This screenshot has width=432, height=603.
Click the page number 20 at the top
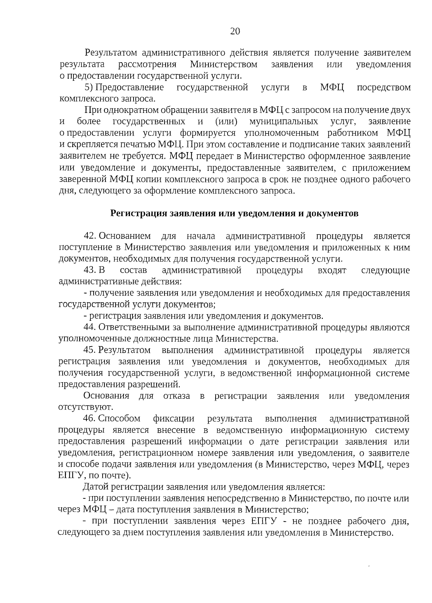pos(235,31)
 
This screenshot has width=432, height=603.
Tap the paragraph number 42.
pos(89,236)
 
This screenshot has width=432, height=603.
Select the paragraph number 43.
pos(89,270)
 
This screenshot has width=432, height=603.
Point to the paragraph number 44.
pos(89,328)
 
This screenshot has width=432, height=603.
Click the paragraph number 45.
pos(89,350)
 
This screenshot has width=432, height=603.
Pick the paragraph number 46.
pos(89,419)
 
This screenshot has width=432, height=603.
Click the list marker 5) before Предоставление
pos(89,88)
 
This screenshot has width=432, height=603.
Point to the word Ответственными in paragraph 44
pos(139,328)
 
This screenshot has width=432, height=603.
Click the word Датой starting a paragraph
pos(95,487)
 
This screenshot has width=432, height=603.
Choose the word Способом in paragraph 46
pos(119,419)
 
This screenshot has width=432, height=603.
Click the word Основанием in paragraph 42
pos(125,236)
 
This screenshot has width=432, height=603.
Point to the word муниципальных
pos(284,122)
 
